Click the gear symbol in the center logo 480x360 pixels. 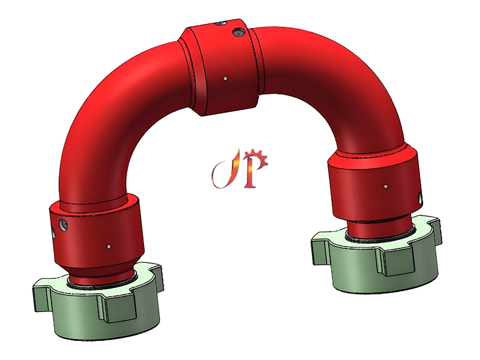pos(259,158)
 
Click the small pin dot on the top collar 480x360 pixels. pos(224,77)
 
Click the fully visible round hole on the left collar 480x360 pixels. pos(64,225)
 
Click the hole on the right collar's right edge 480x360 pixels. pos(421,196)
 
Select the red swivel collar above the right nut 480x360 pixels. pos(375,186)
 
